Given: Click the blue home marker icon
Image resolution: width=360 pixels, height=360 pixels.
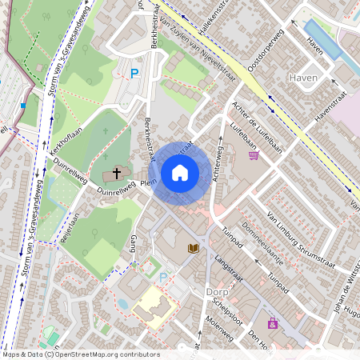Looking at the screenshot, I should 180,173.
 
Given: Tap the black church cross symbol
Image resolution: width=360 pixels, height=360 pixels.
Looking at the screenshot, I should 116,173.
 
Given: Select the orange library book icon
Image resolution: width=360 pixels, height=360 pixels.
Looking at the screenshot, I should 193,249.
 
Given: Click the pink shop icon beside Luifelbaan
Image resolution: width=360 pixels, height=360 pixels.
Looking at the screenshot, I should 254,156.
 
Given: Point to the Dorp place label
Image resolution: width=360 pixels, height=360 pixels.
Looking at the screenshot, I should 217,293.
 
